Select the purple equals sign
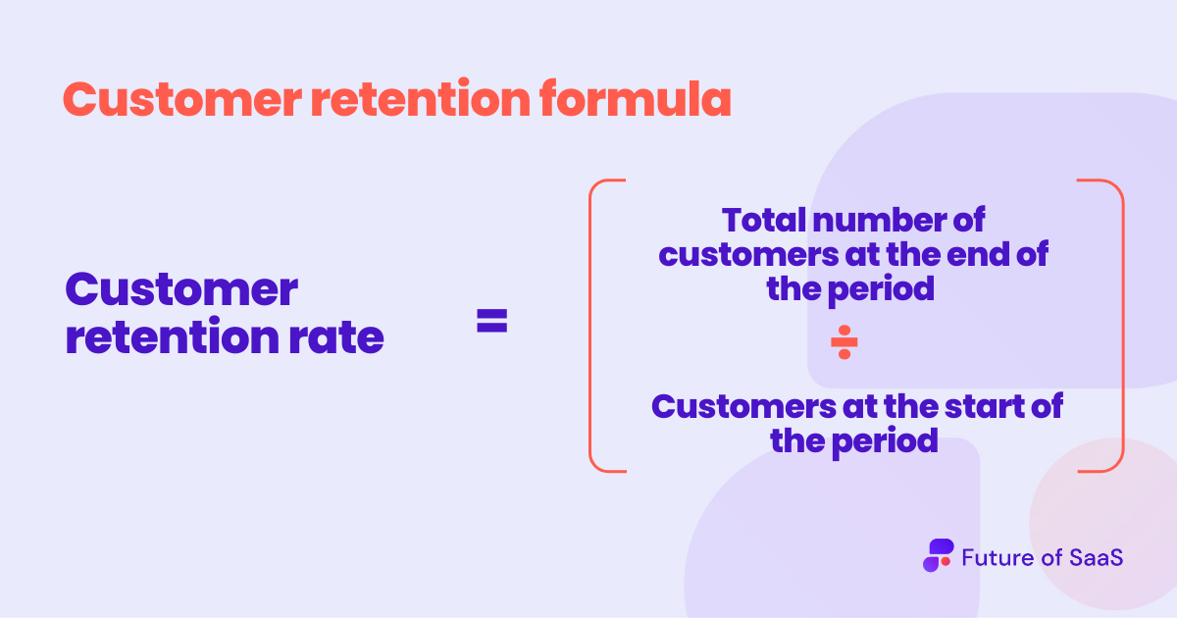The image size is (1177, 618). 492,321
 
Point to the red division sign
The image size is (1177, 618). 844,343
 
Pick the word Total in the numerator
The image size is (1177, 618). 763,219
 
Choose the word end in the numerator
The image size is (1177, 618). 982,254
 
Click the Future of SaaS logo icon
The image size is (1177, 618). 938,555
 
